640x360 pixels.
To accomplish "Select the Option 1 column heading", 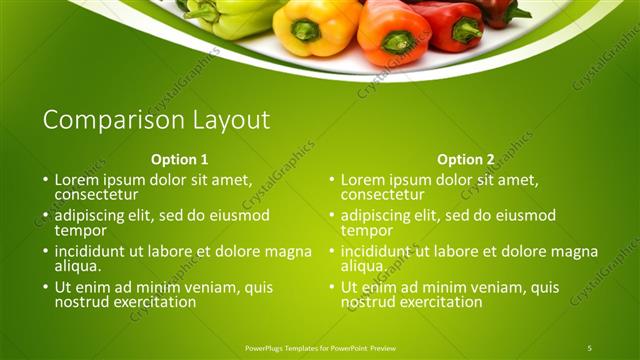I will click(x=180, y=159).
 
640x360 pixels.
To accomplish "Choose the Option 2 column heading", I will click(x=466, y=159).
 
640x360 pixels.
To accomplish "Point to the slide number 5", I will click(x=590, y=348).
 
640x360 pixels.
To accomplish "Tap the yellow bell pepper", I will click(x=305, y=28).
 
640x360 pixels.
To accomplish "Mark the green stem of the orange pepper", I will click(x=397, y=42).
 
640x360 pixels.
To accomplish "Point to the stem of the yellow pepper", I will click(x=305, y=30).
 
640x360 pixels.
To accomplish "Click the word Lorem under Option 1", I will click(x=77, y=180).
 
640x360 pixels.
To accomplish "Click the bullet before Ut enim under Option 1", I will click(x=45, y=288).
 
